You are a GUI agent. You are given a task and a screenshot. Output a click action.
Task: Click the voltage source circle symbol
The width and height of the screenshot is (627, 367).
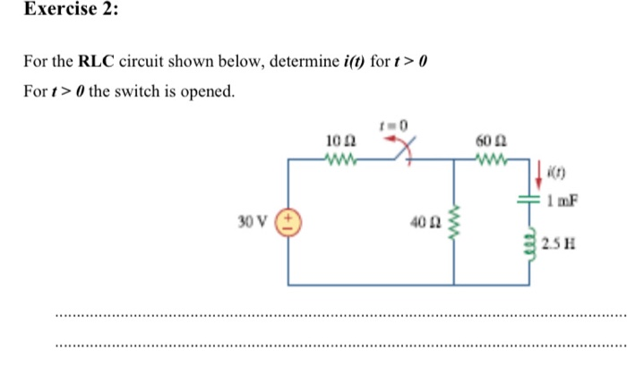pos(289,221)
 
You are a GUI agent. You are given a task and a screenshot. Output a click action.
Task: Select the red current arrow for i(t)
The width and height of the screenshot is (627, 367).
pos(539,172)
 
